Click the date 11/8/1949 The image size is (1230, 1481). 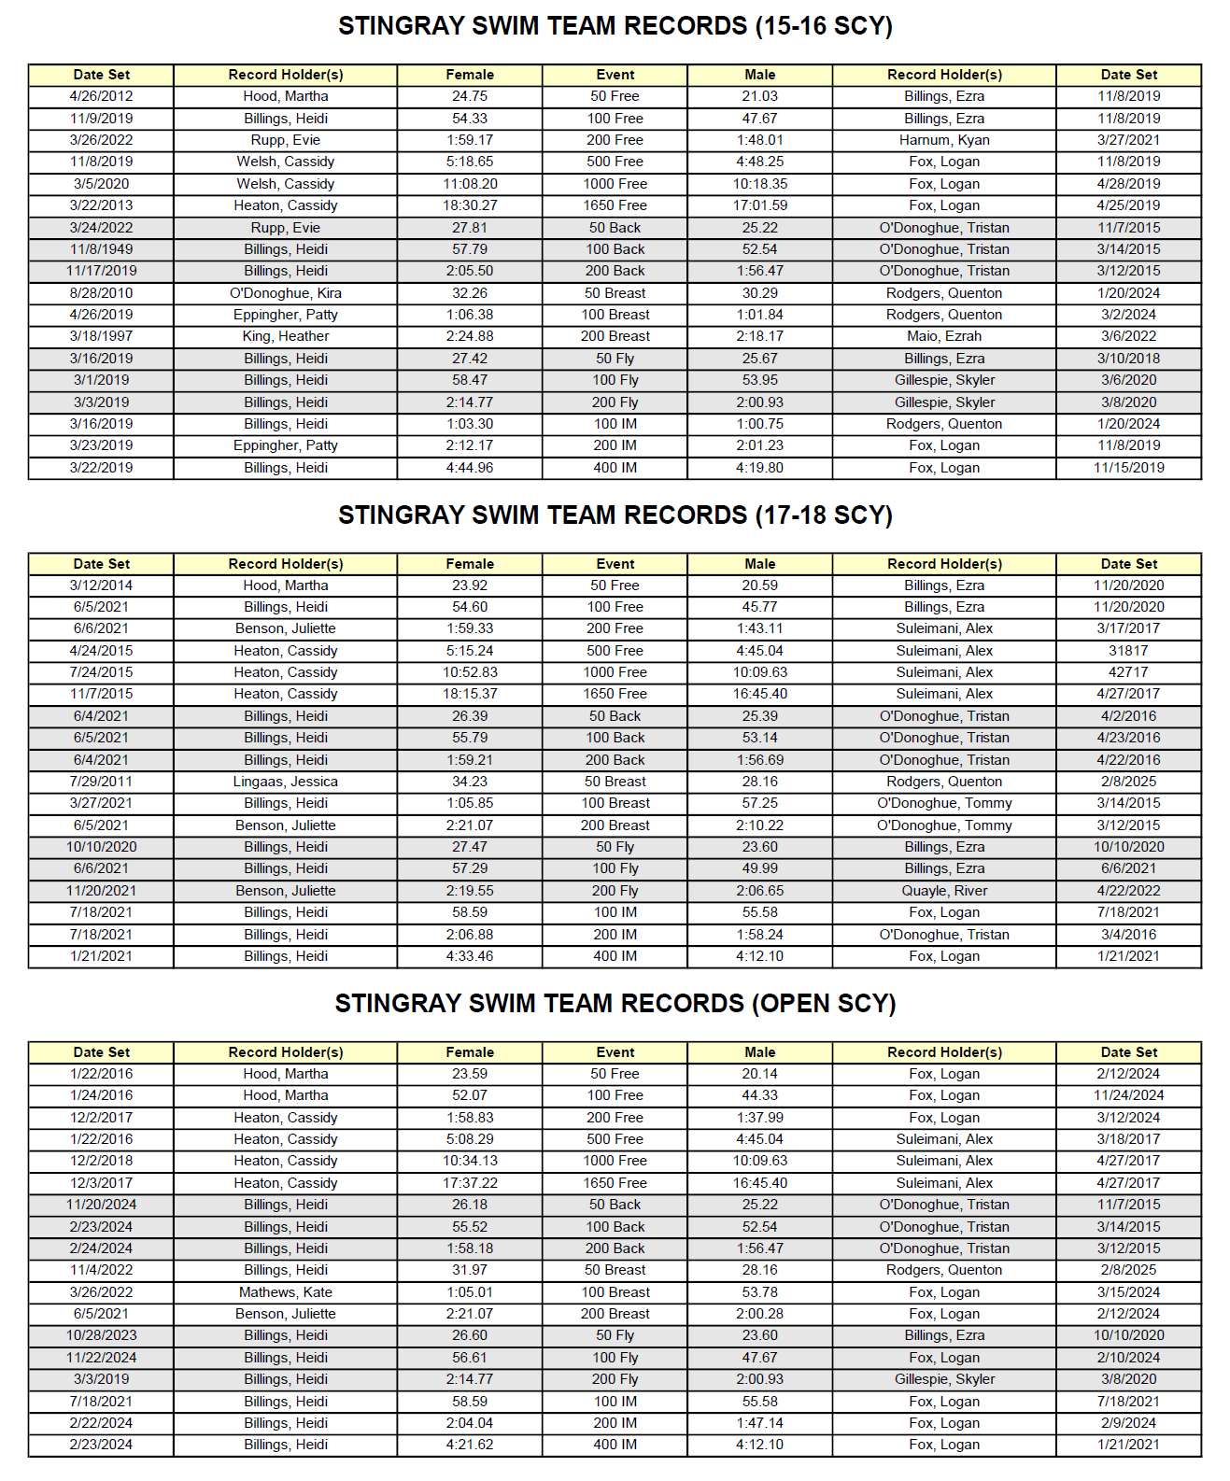(x=101, y=249)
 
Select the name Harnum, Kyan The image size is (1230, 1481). (x=944, y=140)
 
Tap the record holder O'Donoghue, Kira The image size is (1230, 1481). (x=286, y=293)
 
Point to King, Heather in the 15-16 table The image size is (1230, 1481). (x=286, y=336)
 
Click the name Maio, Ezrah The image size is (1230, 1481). (x=944, y=336)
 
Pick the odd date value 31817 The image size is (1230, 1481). (x=1128, y=651)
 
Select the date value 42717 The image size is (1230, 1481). (x=1128, y=672)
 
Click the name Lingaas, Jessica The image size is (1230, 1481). (x=286, y=782)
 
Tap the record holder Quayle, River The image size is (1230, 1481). (x=944, y=891)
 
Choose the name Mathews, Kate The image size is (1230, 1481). (x=286, y=1292)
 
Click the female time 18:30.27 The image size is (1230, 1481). (x=470, y=205)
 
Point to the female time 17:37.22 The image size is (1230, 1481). (x=470, y=1183)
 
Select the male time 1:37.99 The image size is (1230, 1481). (x=760, y=1118)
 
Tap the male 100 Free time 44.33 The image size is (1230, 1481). (x=760, y=1095)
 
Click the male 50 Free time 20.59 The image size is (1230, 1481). (x=760, y=585)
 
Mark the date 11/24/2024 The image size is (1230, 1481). (x=1128, y=1095)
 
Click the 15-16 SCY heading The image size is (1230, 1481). (x=615, y=26)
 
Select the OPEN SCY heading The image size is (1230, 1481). (x=615, y=1004)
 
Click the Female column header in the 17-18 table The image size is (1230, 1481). (x=470, y=564)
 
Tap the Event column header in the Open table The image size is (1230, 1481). (x=615, y=1052)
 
